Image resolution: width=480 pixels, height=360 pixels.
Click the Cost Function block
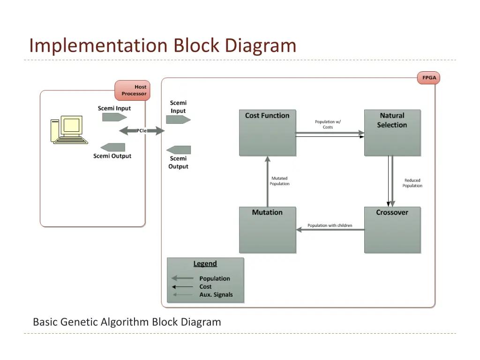pos(267,133)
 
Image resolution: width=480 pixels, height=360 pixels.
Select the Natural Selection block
pos(392,133)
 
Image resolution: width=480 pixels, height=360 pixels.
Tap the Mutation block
pos(267,230)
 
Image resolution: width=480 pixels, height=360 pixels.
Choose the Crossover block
pos(392,230)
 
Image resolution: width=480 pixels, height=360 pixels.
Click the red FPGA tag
pos(428,78)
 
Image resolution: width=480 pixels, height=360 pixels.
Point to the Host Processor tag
pos(132,90)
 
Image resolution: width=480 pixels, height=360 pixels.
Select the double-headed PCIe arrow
pos(142,131)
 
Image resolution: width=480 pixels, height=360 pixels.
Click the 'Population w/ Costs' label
pos(328,124)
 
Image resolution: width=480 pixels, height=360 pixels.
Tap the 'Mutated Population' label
pos(279,181)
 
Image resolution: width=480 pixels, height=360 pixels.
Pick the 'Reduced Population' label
pos(412,183)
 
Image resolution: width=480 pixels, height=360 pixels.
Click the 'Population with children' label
pos(330,225)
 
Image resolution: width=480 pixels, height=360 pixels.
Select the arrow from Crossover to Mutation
pos(330,230)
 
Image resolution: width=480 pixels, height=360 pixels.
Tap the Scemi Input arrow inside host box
pos(114,117)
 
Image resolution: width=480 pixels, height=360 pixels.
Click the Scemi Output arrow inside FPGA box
pos(179,150)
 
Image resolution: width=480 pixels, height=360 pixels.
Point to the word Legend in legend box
pos(205,263)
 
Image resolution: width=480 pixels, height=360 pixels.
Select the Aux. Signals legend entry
pos(216,294)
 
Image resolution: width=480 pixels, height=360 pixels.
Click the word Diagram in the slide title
pos(260,46)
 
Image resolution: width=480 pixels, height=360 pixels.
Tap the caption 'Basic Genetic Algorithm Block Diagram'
pos(127,322)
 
